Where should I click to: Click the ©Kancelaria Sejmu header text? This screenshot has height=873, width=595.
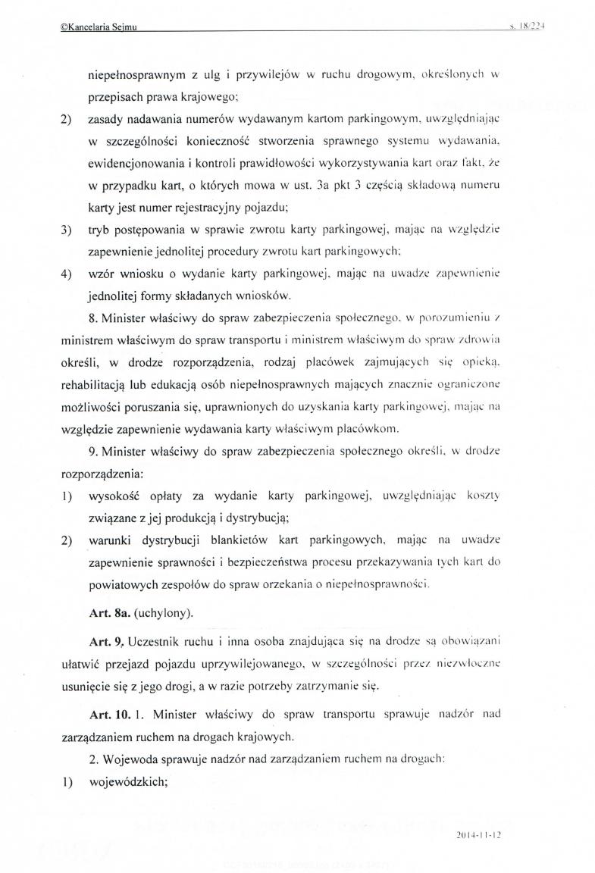coord(102,28)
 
